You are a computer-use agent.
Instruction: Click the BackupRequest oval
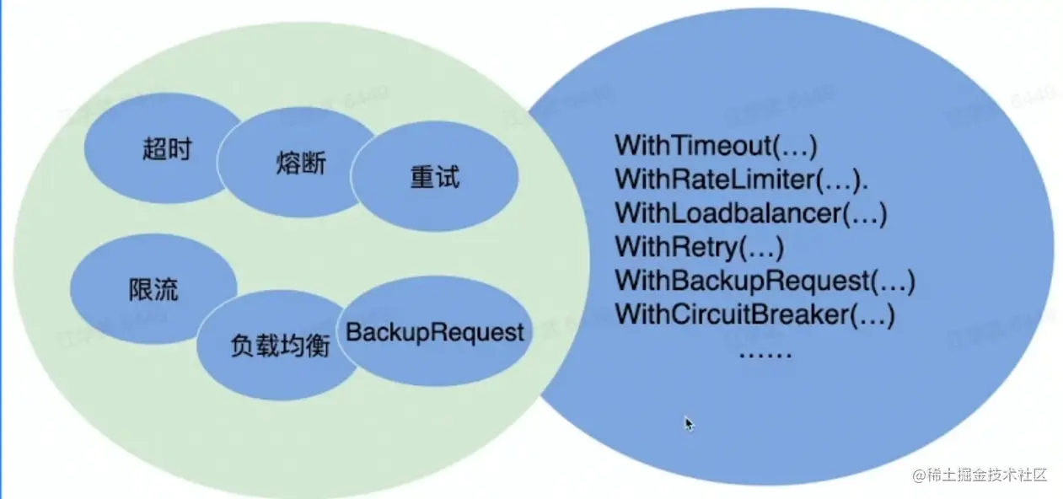pyautogui.click(x=435, y=332)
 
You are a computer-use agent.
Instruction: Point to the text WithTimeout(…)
pyautogui.click(x=716, y=145)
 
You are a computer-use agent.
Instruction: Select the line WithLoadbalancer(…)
pyautogui.click(x=751, y=213)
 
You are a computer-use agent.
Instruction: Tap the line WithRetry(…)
pyautogui.click(x=700, y=247)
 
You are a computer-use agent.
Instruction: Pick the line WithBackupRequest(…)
pyautogui.click(x=765, y=281)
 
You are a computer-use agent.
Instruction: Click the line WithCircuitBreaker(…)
pyautogui.click(x=754, y=315)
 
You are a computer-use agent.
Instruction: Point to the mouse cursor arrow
pyautogui.click(x=689, y=423)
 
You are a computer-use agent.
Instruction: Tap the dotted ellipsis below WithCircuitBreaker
pyautogui.click(x=765, y=352)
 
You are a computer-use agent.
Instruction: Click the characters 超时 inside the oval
pyautogui.click(x=167, y=150)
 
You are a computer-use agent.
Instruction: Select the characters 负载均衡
pyautogui.click(x=280, y=346)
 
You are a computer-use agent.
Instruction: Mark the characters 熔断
pyautogui.click(x=300, y=163)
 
